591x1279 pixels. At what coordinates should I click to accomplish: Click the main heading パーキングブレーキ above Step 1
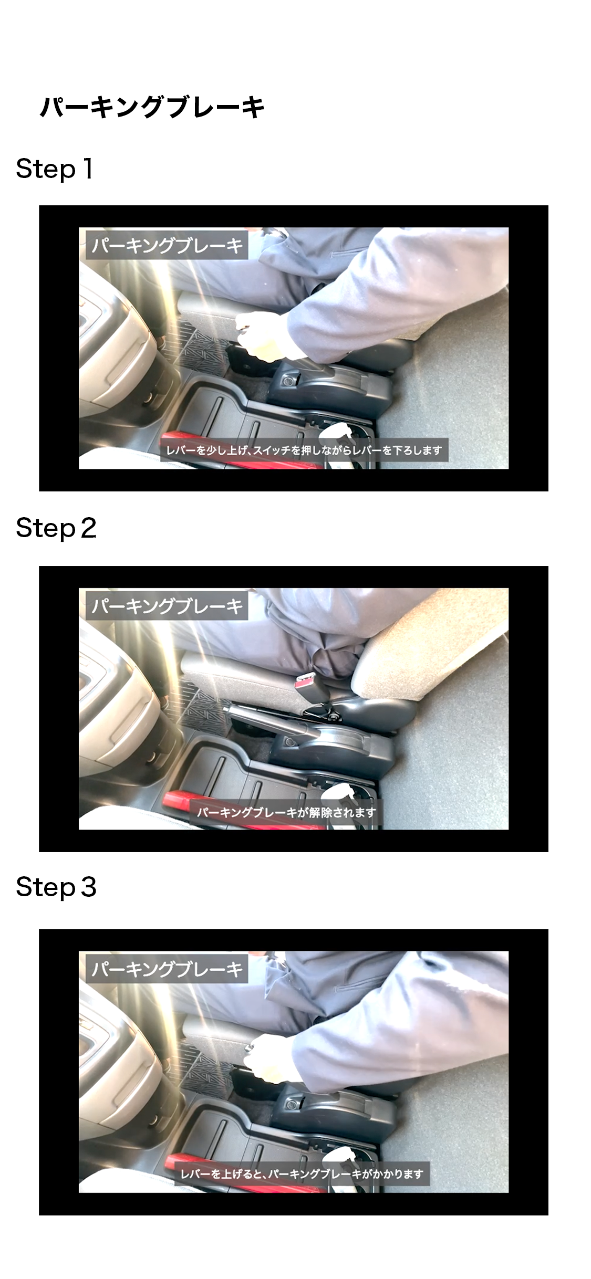pos(152,107)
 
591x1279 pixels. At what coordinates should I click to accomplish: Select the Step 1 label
pos(55,169)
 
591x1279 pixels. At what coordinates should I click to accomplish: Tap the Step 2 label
pos(56,528)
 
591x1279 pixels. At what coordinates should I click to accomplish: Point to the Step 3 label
pos(56,887)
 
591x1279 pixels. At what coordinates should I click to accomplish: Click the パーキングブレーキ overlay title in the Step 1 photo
pos(167,245)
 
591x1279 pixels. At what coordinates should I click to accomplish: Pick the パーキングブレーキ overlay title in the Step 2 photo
pos(167,606)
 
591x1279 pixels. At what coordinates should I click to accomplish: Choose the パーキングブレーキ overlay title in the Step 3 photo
pos(167,969)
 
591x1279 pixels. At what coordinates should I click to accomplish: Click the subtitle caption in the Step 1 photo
pos(305,450)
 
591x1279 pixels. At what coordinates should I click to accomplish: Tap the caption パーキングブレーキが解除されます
pos(287,812)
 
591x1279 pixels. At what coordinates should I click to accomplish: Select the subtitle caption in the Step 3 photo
pos(302,1174)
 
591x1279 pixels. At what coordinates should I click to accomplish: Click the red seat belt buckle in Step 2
pos(303,682)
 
